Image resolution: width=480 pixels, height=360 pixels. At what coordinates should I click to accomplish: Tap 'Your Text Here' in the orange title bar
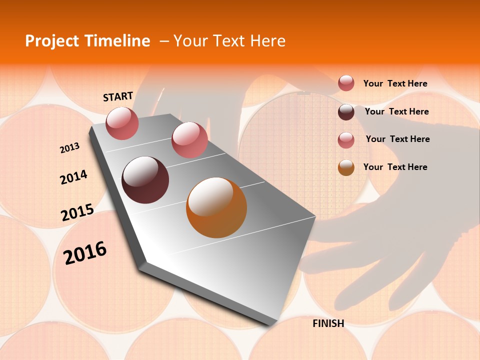coord(229,41)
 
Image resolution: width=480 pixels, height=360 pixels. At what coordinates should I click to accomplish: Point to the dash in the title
coord(163,41)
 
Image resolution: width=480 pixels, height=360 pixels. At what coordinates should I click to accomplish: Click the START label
coord(118,96)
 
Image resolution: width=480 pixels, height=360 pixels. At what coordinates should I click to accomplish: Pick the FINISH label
coord(328,323)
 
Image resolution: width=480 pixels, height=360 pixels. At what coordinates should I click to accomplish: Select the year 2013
coord(70,148)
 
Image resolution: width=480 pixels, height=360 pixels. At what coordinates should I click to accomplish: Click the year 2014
coord(74,177)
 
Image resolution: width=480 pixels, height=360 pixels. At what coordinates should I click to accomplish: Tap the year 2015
coord(77,212)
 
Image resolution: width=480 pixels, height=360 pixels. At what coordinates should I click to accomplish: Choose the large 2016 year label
coord(85,252)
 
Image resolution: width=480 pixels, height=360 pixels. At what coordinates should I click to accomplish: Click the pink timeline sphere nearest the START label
coord(122,123)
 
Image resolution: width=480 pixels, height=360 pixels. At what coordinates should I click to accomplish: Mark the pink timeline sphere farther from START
coord(189,139)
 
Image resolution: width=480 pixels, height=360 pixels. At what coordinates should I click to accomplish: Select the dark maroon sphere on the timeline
coord(145,180)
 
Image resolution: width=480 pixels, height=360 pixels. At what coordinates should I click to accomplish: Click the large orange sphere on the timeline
coord(216,207)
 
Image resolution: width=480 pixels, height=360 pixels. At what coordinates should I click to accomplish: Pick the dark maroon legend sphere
coord(346,112)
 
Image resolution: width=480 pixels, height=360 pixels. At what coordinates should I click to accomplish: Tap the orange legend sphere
coord(346,167)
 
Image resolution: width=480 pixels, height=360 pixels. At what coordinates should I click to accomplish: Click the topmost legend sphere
coord(346,83)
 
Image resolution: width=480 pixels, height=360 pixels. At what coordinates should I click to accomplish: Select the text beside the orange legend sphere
coord(395,167)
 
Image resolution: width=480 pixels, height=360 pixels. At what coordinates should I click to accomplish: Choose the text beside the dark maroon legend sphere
coord(396,111)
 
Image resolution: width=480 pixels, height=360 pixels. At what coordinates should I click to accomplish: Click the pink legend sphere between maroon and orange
coord(346,140)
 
